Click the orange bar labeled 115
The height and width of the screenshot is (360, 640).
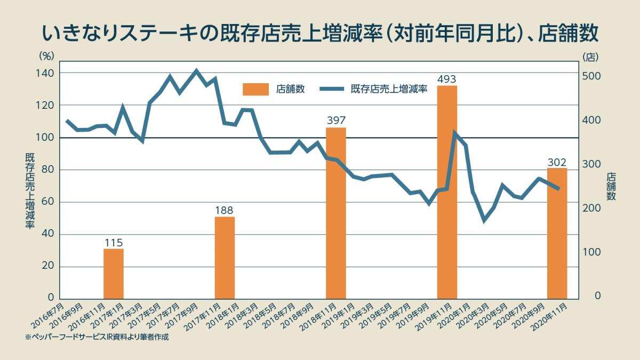pyautogui.click(x=113, y=274)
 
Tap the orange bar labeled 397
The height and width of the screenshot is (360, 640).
pyautogui.click(x=336, y=213)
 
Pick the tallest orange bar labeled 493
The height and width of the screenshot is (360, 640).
pyautogui.click(x=447, y=192)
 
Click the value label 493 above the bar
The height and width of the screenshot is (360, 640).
pyautogui.click(x=447, y=79)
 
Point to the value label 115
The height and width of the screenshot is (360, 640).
pyautogui.click(x=113, y=243)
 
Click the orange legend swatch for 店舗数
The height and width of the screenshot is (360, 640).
pyautogui.click(x=256, y=90)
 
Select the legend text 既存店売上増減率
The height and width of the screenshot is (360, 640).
pyautogui.click(x=389, y=90)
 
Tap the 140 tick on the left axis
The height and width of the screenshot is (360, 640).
pyautogui.click(x=47, y=73)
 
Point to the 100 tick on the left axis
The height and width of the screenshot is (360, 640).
pyautogui.click(x=47, y=138)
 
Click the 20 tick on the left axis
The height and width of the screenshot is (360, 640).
pyautogui.click(x=50, y=267)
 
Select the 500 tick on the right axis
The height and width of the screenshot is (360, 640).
pyautogui.click(x=591, y=77)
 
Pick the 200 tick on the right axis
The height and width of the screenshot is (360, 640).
pyautogui.click(x=591, y=209)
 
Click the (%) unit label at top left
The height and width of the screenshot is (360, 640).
pyautogui.click(x=47, y=55)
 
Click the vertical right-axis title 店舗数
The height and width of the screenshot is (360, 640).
pyautogui.click(x=611, y=187)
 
